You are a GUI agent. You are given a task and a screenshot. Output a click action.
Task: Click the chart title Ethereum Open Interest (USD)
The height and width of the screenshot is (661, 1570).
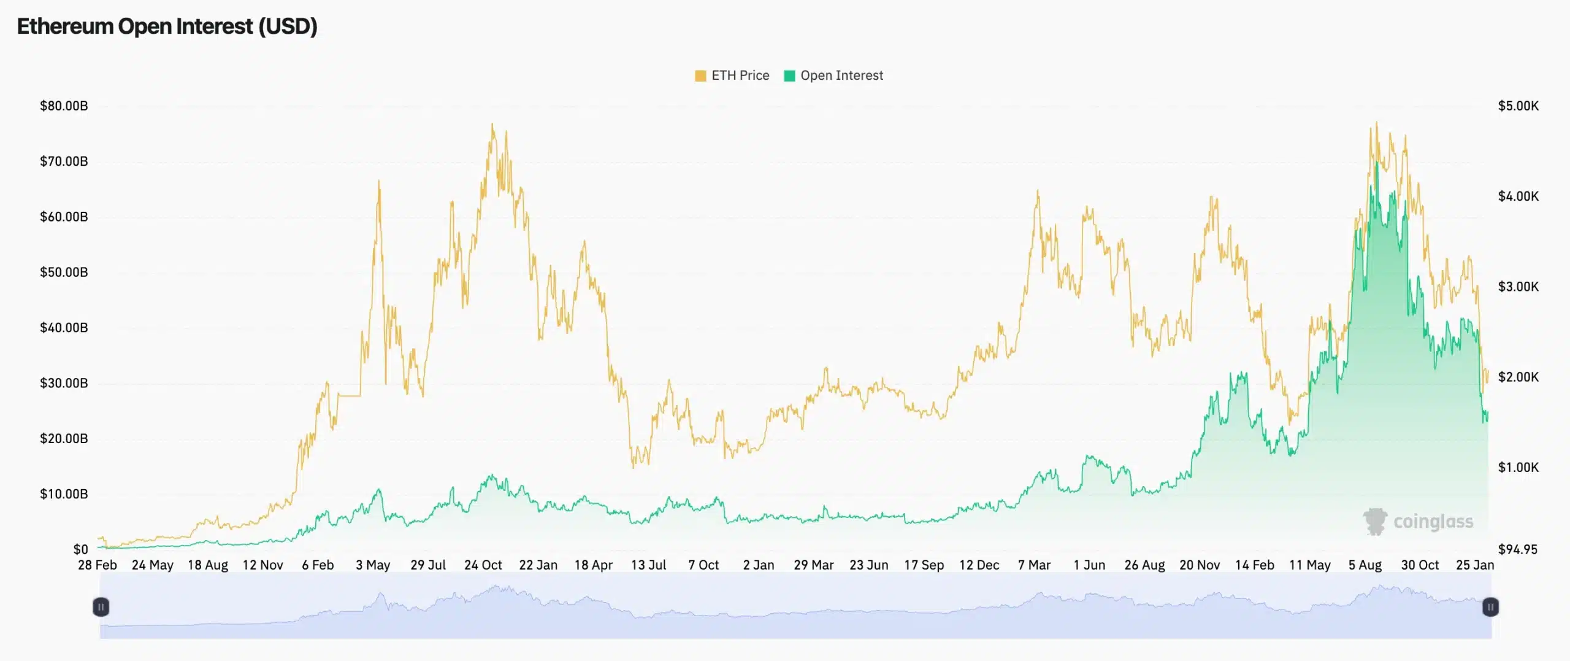point(167,26)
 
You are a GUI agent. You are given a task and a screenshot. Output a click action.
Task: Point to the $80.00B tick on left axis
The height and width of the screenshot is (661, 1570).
point(64,106)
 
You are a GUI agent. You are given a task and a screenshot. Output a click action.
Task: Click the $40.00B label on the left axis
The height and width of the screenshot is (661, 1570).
point(64,328)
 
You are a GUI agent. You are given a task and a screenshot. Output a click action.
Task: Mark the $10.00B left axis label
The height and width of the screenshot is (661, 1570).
point(64,494)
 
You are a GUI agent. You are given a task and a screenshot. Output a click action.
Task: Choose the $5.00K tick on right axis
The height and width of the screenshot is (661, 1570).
point(1518,106)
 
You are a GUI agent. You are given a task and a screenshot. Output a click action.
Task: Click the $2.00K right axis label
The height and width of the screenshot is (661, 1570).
point(1518,377)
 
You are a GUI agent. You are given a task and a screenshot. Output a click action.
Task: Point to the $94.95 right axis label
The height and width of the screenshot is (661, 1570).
point(1518,549)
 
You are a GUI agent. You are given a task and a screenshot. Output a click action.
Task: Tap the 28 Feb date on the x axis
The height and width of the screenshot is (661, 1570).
point(97,565)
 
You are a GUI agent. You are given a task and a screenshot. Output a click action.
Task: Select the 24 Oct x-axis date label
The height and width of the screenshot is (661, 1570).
point(483,565)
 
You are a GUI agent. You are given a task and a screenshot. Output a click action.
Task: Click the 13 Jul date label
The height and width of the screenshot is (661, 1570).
point(648,565)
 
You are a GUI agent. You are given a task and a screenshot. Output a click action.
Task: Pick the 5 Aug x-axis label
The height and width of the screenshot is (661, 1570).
point(1365,565)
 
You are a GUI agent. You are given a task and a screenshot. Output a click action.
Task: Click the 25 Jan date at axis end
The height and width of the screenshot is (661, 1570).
point(1474,565)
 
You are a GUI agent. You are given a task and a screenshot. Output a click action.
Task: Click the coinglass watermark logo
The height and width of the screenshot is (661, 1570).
point(1417,522)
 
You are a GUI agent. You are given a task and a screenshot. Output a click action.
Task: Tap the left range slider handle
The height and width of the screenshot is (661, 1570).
point(101,607)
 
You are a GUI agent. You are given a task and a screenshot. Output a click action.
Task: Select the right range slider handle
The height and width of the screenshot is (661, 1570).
point(1490,607)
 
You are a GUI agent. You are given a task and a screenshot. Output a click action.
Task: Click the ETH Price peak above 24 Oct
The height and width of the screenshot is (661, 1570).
point(492,125)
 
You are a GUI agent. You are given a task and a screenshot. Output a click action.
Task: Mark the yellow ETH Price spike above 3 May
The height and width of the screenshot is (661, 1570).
point(378,182)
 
